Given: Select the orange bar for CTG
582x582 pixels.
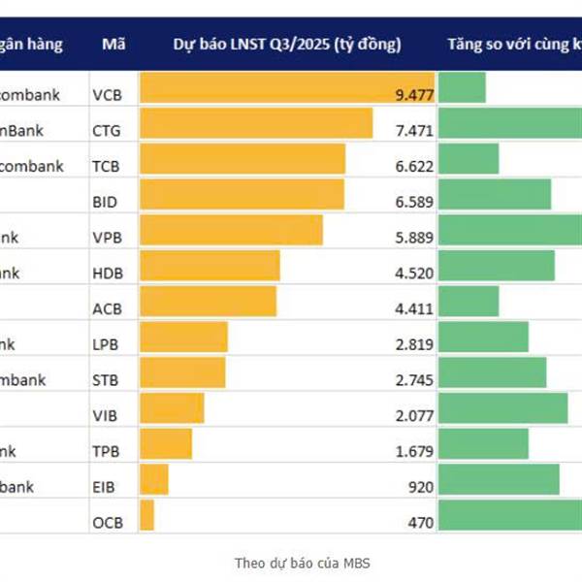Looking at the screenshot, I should (256, 123).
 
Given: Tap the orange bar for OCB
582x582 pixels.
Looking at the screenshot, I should (146, 515).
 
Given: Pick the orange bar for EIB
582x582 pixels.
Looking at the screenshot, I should (154, 479).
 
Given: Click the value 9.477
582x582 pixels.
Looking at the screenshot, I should (414, 95).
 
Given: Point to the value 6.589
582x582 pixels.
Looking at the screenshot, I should (414, 202).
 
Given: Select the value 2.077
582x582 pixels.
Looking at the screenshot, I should (414, 416).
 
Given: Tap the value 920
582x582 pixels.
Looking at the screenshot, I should (420, 487).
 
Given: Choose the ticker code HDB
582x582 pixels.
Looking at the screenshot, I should (107, 274).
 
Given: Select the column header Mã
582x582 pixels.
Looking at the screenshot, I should (110, 44).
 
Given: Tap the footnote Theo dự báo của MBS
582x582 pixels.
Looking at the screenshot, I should (302, 563).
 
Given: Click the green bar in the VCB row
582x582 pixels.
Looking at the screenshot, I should (462, 87).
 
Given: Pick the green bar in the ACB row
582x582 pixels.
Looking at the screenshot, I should (469, 301).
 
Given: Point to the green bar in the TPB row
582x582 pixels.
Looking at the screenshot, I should (483, 443).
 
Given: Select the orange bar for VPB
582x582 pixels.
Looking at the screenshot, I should (231, 230).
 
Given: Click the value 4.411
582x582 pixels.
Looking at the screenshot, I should (414, 309).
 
